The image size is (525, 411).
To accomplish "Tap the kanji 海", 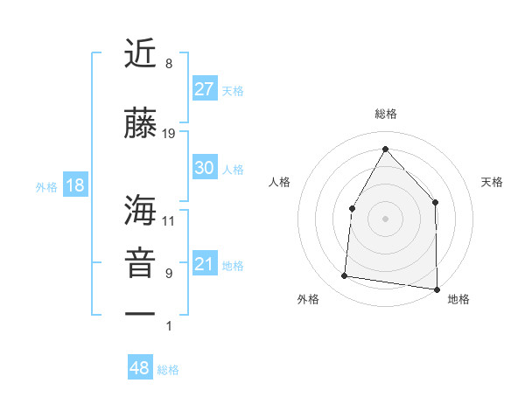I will (x=140, y=210).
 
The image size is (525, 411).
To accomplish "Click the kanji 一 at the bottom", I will (x=140, y=313).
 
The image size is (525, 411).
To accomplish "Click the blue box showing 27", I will (x=205, y=89).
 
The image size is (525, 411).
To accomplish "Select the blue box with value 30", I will (x=205, y=169).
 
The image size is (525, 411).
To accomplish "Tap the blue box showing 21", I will (x=205, y=265).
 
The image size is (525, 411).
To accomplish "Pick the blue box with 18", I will (x=74, y=185).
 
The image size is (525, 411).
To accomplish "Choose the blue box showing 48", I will (x=140, y=368).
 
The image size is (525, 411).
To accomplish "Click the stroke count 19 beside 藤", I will (x=169, y=134).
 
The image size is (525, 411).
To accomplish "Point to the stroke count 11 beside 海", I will (x=169, y=220).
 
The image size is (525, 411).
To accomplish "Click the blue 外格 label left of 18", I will (x=46, y=186).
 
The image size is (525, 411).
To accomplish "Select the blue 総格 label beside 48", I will (x=168, y=370).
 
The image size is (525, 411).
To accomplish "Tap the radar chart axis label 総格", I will (x=385, y=114).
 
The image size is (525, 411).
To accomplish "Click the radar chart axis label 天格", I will (x=493, y=182).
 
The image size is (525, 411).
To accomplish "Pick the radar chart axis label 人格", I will (x=279, y=182).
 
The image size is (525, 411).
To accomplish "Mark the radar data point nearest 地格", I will (x=436, y=289).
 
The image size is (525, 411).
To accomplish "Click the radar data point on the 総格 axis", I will (x=385, y=147).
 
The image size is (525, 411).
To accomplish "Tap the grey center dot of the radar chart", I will (x=385, y=218).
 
